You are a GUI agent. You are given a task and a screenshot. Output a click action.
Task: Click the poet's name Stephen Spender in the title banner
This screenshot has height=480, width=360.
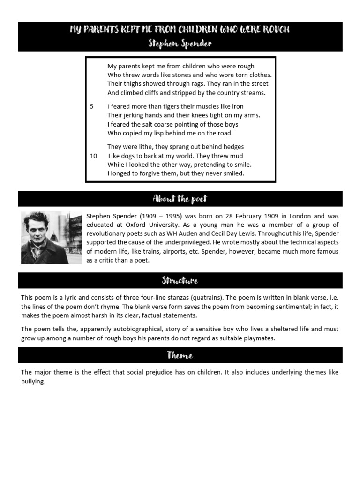(180, 44)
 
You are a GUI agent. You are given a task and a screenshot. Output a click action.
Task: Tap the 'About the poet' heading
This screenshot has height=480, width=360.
(180, 199)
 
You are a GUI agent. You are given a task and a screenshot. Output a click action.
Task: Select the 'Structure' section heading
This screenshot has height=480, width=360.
(180, 281)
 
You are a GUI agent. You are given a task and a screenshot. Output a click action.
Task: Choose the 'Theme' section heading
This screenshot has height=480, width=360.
(180, 355)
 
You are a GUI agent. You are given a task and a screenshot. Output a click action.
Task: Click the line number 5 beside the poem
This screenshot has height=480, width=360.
(92, 106)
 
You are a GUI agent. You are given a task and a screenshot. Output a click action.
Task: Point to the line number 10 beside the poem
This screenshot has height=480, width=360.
(94, 156)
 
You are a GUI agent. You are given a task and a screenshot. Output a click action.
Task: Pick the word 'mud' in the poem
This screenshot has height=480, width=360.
(237, 156)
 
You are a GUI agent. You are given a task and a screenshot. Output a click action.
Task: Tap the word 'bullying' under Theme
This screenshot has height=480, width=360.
(33, 382)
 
